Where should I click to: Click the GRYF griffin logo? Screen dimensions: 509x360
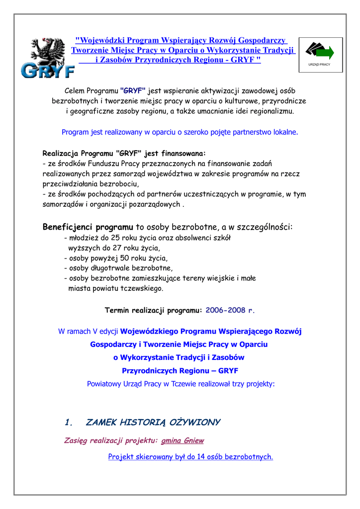coord(48,58)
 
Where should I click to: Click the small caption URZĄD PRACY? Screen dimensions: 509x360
coord(319,65)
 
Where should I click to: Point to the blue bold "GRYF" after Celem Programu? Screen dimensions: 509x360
coord(133,91)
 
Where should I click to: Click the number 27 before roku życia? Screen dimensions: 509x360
coord(107,248)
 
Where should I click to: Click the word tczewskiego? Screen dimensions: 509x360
coord(142,288)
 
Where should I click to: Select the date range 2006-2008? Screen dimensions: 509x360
coord(225,310)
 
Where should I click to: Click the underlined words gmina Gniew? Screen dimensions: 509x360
coord(182,440)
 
